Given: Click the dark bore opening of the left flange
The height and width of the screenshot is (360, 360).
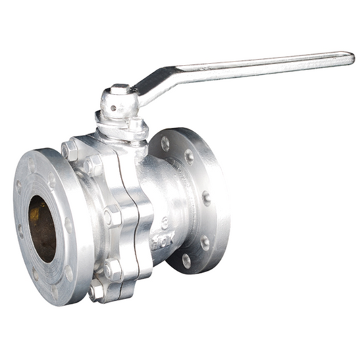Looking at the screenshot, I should point(42,228).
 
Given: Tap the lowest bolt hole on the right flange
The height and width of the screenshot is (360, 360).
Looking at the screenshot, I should point(186,260).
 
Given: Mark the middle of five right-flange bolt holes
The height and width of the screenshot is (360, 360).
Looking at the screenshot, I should point(205,199).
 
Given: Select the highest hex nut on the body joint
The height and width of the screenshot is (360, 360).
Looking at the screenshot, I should point(70,150).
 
